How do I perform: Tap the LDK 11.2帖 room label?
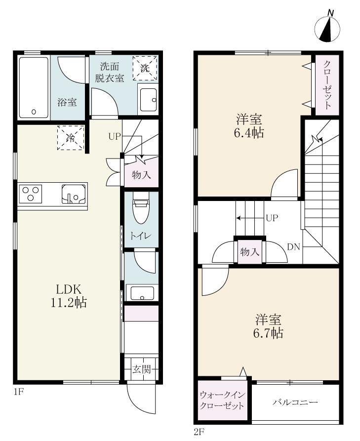pos(69,296)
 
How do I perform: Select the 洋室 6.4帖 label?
pos(249,126)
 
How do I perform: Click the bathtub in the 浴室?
pos(34,87)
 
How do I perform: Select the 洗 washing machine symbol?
pos(145,68)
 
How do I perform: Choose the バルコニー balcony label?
pos(295,402)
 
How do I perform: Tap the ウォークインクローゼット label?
pos(222,401)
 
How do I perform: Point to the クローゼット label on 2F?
pos(327,84)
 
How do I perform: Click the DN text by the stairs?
pos(294,246)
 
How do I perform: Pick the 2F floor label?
pos(200,432)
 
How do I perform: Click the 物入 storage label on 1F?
pos(141,175)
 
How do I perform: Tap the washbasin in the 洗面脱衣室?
pos(148,101)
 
